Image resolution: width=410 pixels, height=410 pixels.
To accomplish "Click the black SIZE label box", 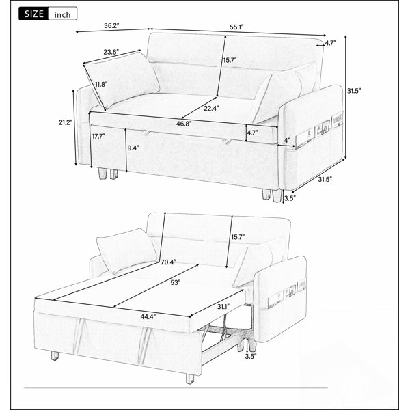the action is click(x=33, y=14).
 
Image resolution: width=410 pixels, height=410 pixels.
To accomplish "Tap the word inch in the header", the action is click(x=62, y=14).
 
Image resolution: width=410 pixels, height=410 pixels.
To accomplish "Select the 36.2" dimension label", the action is click(x=111, y=26).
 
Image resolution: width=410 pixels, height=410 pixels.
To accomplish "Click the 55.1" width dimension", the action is click(x=236, y=27).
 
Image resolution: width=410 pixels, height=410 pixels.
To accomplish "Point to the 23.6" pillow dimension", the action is click(x=111, y=52).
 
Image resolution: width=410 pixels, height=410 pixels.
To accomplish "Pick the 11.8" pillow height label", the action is click(x=101, y=85).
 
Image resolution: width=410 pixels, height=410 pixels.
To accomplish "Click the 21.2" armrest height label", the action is click(x=66, y=122).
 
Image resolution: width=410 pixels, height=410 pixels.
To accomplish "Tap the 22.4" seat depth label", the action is click(x=212, y=108).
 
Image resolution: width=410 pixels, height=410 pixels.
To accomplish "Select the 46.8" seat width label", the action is click(x=184, y=124).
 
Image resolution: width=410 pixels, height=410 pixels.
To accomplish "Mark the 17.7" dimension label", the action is click(x=98, y=136).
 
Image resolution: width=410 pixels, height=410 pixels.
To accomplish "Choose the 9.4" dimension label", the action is click(x=133, y=148).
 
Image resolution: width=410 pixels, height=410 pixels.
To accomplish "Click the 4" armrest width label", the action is click(x=287, y=140).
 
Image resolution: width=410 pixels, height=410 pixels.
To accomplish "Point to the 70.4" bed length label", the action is click(x=168, y=262).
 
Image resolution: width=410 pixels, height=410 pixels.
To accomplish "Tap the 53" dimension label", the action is click(x=176, y=283).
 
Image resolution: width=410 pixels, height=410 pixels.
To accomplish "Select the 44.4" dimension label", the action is click(x=148, y=317).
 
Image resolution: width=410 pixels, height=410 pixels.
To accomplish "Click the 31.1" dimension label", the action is click(x=223, y=306).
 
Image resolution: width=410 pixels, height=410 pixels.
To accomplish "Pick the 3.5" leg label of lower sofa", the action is click(x=251, y=356).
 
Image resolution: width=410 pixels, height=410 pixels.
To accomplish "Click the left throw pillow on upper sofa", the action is click(x=122, y=80).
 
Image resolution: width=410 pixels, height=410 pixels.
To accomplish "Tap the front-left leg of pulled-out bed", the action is click(x=190, y=379).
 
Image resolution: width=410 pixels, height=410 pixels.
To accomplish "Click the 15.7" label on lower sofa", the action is click(x=238, y=237).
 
